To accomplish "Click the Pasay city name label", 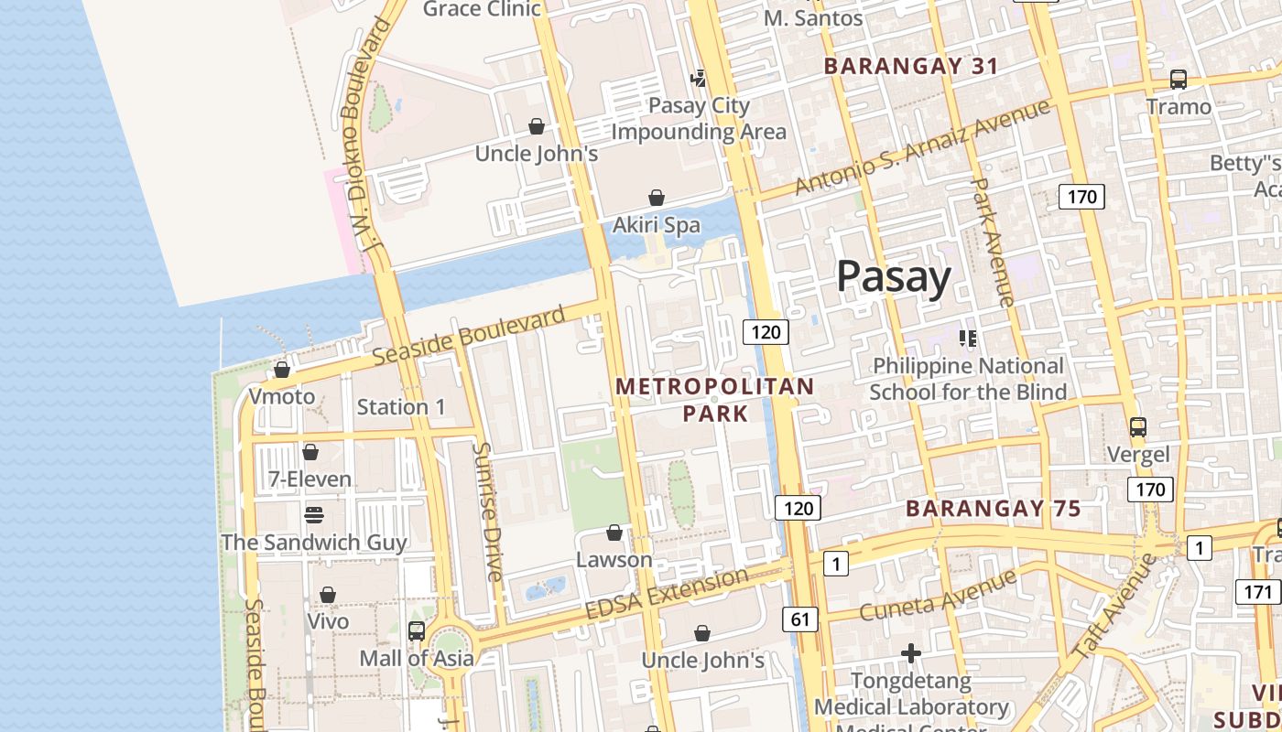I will pos(894,276).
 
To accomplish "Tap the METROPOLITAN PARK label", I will pos(715,400).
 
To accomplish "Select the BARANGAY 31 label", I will pos(910,66).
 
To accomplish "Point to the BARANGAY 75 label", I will pos(994,509).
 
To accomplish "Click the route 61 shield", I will pos(800,619).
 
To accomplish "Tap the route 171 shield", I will pos(1258,592).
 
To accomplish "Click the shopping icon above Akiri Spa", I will pos(657,198).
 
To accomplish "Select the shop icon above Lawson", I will pos(614,533).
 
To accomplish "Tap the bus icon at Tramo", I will pos(1179,80).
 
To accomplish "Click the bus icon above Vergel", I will pos(1138,427).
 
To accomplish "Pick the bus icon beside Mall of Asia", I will pos(417,631).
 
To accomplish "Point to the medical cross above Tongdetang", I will pos(910,653).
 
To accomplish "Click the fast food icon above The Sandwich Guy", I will pos(313,514).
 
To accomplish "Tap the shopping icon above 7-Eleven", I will pos(310,452).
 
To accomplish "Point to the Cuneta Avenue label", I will pos(938,595).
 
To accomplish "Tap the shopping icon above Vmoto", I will pos(282,370).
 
